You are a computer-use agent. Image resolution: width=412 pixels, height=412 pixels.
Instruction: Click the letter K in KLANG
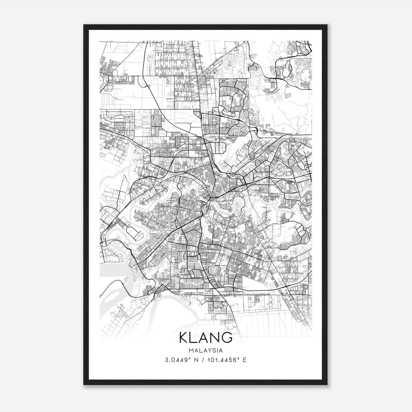tap(184, 338)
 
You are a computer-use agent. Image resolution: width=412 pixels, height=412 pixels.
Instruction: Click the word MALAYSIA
tap(206, 350)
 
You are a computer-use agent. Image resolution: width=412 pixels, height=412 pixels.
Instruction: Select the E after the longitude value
tap(245, 360)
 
